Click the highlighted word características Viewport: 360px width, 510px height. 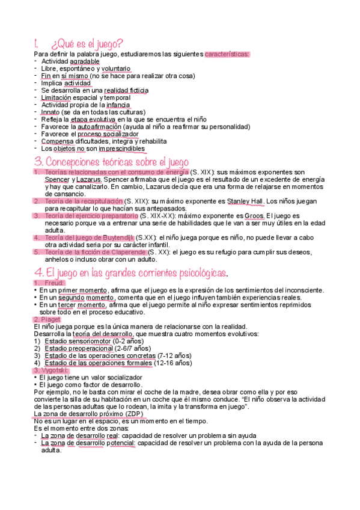(227, 54)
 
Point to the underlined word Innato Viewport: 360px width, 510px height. (50, 112)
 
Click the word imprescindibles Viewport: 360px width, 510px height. (121, 148)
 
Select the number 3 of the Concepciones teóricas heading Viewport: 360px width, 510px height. (38, 162)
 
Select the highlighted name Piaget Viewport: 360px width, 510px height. (47, 319)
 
